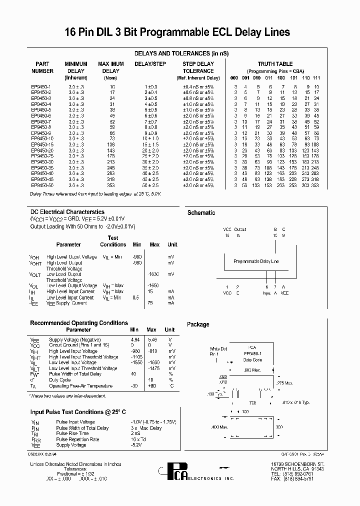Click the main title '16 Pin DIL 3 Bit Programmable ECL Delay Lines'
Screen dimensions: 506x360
tap(177, 32)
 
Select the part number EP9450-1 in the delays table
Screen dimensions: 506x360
tap(40, 86)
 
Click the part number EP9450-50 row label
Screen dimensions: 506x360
tap(41, 185)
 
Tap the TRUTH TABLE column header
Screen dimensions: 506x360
tap(275, 64)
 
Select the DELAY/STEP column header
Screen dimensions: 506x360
tap(150, 64)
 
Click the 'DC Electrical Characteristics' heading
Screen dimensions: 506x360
tap(67, 212)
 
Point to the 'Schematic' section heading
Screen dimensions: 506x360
tap(201, 213)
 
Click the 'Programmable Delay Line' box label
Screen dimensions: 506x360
tap(256, 261)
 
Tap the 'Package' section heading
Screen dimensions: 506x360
tap(198, 324)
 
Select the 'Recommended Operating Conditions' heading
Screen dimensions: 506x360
tap(79, 323)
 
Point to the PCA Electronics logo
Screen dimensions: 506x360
tap(170, 472)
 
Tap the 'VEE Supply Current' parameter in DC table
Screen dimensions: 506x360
tap(66, 303)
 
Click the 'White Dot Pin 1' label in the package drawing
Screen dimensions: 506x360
tap(218, 351)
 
